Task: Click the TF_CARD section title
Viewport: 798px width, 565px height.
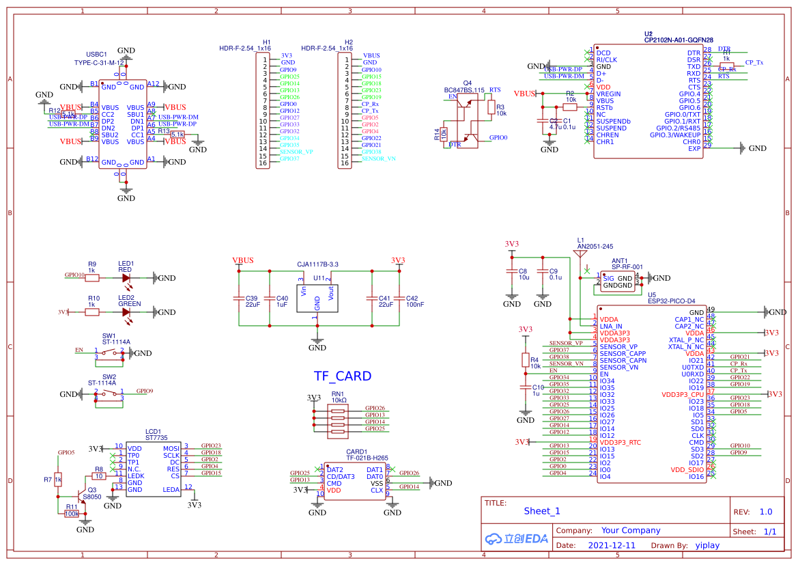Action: point(342,376)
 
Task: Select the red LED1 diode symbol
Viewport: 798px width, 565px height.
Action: point(126,278)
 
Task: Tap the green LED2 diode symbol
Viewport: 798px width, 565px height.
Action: point(126,312)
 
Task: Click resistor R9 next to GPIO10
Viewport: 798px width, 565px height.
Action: point(91,278)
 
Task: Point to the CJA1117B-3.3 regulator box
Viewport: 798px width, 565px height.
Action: point(317,294)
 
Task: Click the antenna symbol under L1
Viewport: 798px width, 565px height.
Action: point(580,253)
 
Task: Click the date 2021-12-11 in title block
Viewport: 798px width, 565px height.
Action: point(611,545)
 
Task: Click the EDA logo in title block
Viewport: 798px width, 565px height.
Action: point(516,538)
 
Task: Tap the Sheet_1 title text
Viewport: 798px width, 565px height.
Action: point(541,511)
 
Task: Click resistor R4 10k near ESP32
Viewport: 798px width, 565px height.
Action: point(525,360)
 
